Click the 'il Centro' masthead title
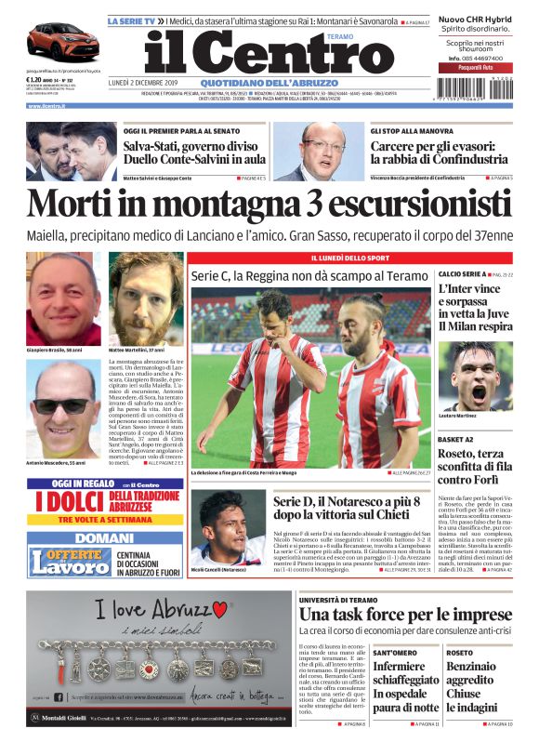269,56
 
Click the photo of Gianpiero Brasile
64,298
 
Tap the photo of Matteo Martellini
146,298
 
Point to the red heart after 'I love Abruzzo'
220,609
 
